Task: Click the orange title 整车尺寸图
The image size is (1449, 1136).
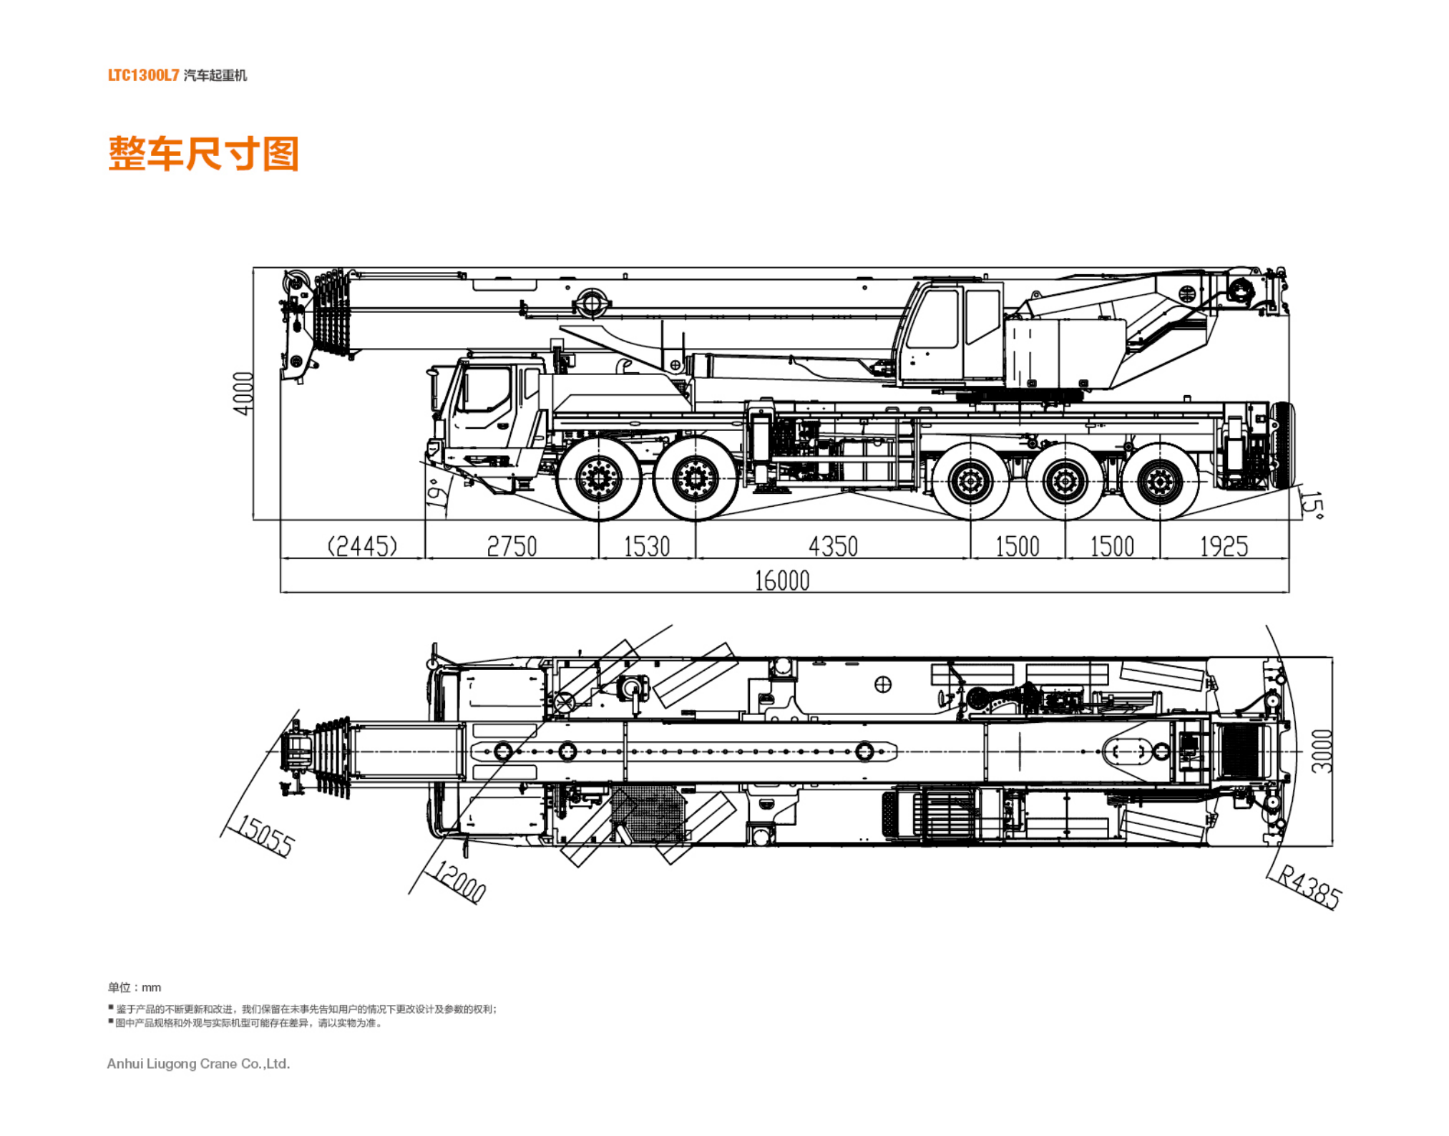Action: click(x=203, y=153)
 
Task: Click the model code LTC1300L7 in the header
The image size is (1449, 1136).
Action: click(x=143, y=75)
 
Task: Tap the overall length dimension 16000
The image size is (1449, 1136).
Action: click(x=782, y=580)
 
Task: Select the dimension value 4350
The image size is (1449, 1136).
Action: click(x=833, y=547)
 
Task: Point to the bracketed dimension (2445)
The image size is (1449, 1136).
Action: click(x=362, y=547)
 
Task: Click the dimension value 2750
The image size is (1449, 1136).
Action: click(x=512, y=547)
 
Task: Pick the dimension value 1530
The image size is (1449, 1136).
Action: click(x=647, y=547)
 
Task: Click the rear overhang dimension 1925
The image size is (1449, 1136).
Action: click(x=1224, y=547)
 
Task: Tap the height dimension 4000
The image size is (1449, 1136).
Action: click(x=243, y=393)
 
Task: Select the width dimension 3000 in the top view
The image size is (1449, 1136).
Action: click(x=1322, y=751)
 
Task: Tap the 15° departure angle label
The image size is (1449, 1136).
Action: click(x=1312, y=502)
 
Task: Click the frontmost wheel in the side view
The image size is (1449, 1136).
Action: click(x=599, y=478)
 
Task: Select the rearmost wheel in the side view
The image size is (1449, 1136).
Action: click(x=1160, y=482)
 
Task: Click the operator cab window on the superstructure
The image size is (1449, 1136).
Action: click(x=933, y=319)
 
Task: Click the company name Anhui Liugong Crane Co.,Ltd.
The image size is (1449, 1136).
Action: click(x=198, y=1064)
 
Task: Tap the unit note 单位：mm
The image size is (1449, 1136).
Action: click(x=135, y=987)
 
